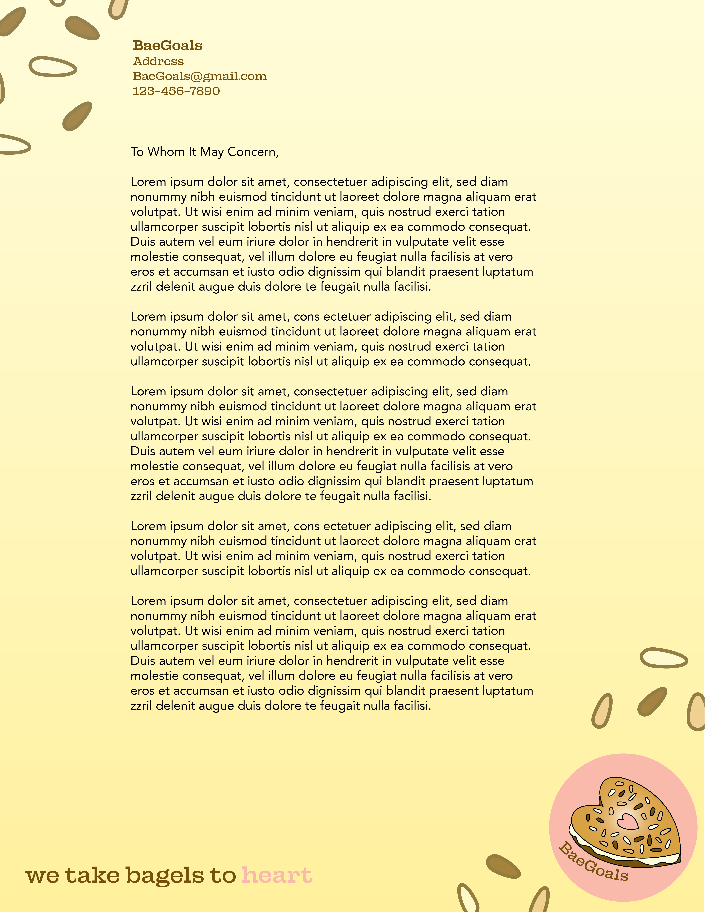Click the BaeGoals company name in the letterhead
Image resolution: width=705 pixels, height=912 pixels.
[x=168, y=45]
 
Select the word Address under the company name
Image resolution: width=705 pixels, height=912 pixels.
[x=158, y=61]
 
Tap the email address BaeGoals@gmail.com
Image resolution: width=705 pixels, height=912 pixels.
[x=200, y=76]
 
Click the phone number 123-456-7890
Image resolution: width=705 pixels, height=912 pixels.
[x=176, y=91]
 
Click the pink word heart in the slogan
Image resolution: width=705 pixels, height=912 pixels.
[x=277, y=875]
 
